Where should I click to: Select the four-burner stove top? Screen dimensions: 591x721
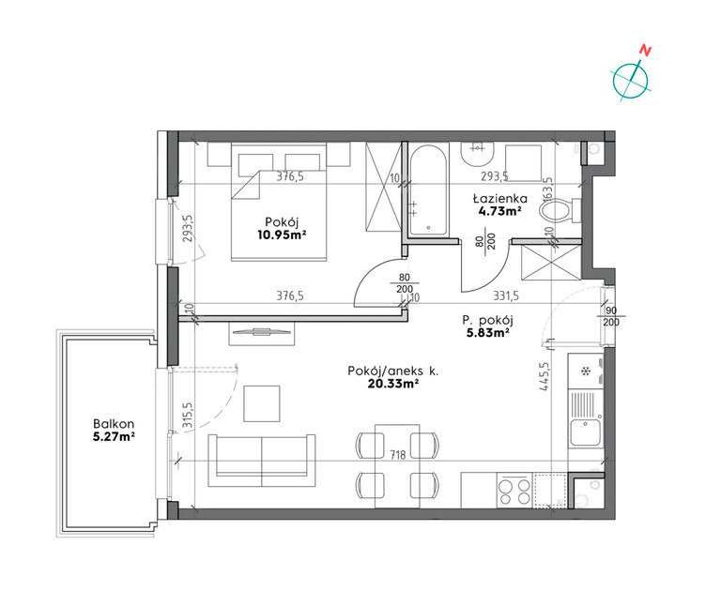coord(510,490)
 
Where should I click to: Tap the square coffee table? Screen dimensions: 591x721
coord(262,403)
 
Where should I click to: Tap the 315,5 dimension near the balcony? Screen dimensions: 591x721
coord(187,413)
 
